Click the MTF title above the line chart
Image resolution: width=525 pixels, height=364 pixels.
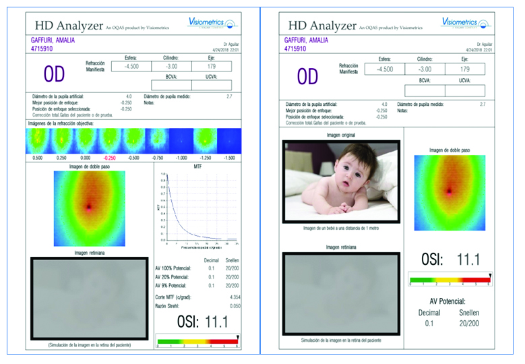click(x=197, y=166)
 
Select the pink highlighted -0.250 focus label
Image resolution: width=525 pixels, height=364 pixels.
click(x=111, y=157)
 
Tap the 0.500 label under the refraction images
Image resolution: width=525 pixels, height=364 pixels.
click(x=38, y=157)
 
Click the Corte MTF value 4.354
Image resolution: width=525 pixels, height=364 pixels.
click(x=235, y=297)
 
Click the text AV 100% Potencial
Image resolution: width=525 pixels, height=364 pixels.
click(x=174, y=268)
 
